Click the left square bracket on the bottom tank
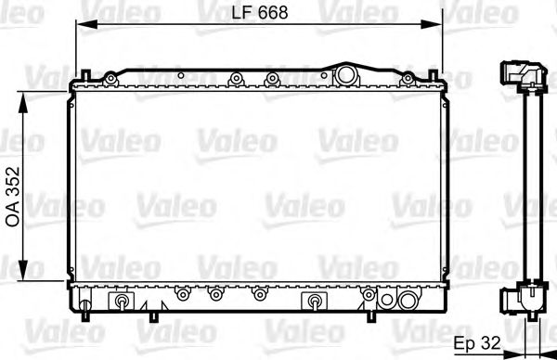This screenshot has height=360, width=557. (x=123, y=301)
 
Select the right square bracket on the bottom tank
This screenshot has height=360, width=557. (x=315, y=301)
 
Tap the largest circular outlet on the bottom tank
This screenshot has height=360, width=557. (x=407, y=300)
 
